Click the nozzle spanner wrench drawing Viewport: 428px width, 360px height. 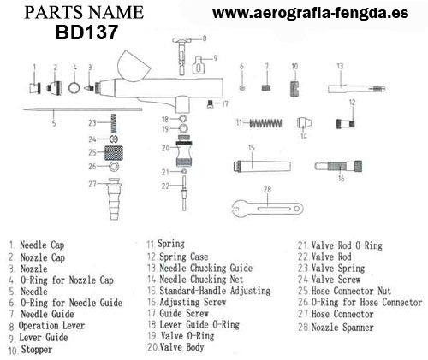pyautogui.click(x=267, y=209)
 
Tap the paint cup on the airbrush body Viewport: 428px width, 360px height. pyautogui.click(x=134, y=67)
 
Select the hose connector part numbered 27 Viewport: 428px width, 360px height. pyautogui.click(x=114, y=198)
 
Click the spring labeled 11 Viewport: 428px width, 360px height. pyautogui.click(x=266, y=123)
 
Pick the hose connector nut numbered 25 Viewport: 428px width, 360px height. pyautogui.click(x=114, y=153)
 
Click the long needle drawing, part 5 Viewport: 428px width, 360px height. pyautogui.click(x=82, y=109)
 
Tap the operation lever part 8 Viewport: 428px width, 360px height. pyautogui.click(x=181, y=56)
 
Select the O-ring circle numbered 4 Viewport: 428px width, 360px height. pyautogui.click(x=74, y=87)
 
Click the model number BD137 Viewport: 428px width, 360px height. pyautogui.click(x=86, y=32)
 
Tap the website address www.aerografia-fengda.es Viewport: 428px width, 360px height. pyautogui.click(x=311, y=13)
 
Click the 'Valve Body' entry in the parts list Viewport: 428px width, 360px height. pyautogui.click(x=181, y=347)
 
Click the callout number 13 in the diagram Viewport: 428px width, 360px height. pyautogui.click(x=340, y=66)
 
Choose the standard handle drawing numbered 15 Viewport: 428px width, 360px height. pyautogui.click(x=262, y=166)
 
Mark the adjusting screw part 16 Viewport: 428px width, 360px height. pyautogui.click(x=338, y=166)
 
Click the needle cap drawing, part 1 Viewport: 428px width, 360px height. pyautogui.click(x=35, y=88)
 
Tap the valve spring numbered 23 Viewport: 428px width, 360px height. pyautogui.click(x=114, y=123)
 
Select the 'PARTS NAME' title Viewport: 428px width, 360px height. pyautogui.click(x=84, y=13)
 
